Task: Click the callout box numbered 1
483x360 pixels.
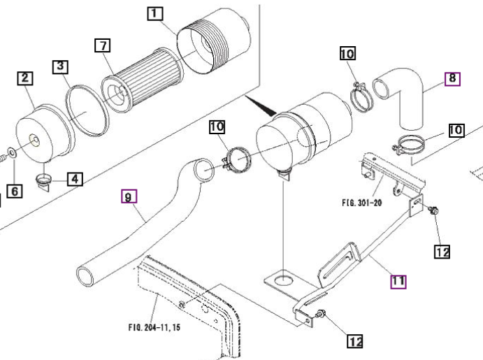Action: pyautogui.click(x=155, y=14)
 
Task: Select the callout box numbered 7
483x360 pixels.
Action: pyautogui.click(x=103, y=45)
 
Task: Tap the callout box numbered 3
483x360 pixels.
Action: pyautogui.click(x=60, y=66)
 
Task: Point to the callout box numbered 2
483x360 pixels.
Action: pyautogui.click(x=24, y=78)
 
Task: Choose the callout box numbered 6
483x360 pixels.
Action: pyautogui.click(x=15, y=191)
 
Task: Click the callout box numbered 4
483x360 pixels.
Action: pyautogui.click(x=75, y=179)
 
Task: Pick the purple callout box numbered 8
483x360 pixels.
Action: pyautogui.click(x=452, y=78)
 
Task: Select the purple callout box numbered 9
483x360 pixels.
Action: pyautogui.click(x=129, y=196)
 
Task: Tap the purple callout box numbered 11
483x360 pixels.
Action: pyautogui.click(x=398, y=282)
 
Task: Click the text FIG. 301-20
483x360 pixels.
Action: pyautogui.click(x=362, y=203)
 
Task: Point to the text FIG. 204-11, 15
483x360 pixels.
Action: pyautogui.click(x=154, y=327)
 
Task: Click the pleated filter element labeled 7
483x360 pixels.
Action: pyautogui.click(x=143, y=80)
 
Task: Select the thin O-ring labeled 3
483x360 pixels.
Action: pyautogui.click(x=87, y=110)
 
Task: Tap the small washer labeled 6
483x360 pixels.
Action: pyautogui.click(x=12, y=152)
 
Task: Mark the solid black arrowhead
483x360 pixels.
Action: pyautogui.click(x=261, y=106)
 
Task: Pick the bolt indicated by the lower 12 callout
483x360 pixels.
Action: pyautogui.click(x=321, y=314)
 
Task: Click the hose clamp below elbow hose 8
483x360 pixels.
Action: pyautogui.click(x=408, y=145)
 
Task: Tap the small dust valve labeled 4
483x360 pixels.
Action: pyautogui.click(x=43, y=181)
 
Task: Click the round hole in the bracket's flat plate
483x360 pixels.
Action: pyautogui.click(x=283, y=280)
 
